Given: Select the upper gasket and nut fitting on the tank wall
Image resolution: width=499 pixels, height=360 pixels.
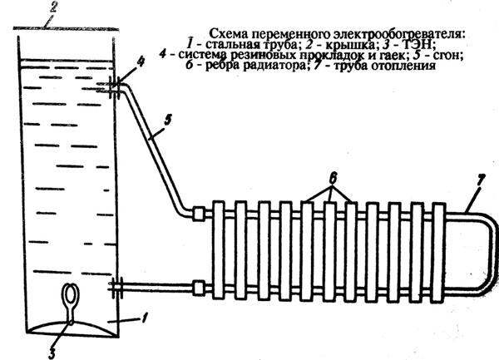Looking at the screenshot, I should (x=116, y=85).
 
